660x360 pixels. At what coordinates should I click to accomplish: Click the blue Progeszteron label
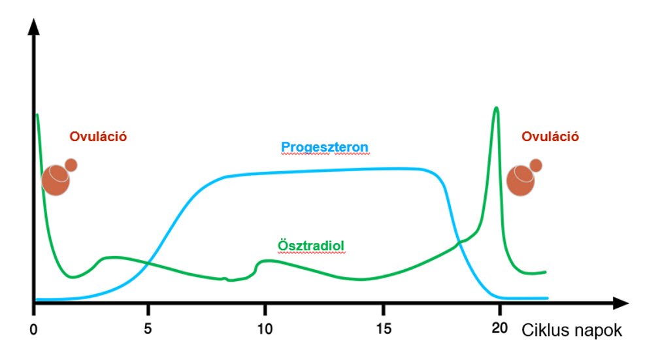point(325,146)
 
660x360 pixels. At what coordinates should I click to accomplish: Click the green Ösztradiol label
point(310,246)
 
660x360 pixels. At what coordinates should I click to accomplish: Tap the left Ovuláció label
point(97,137)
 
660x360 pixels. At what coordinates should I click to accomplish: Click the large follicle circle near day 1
point(56,181)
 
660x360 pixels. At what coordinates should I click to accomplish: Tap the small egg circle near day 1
point(71,165)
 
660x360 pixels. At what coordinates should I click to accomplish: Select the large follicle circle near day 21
point(521,181)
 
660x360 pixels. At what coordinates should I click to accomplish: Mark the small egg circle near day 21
point(536,165)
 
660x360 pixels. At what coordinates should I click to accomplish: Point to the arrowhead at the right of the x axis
point(620,303)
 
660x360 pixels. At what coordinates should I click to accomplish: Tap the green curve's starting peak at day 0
point(37,115)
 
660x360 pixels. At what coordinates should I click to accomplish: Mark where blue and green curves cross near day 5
point(148,263)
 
